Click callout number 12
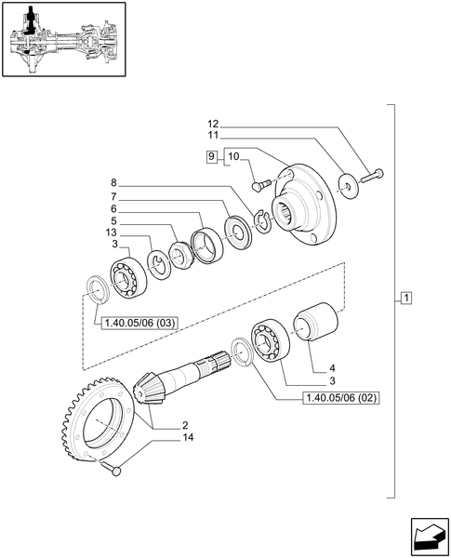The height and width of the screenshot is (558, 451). pyautogui.click(x=212, y=124)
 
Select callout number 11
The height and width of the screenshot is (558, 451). pyautogui.click(x=212, y=136)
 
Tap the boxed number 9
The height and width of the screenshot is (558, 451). pyautogui.click(x=212, y=155)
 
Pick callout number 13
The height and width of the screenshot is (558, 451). pyautogui.click(x=113, y=232)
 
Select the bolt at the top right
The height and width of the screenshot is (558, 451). pyautogui.click(x=374, y=173)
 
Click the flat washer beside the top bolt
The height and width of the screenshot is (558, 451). pyautogui.click(x=349, y=187)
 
